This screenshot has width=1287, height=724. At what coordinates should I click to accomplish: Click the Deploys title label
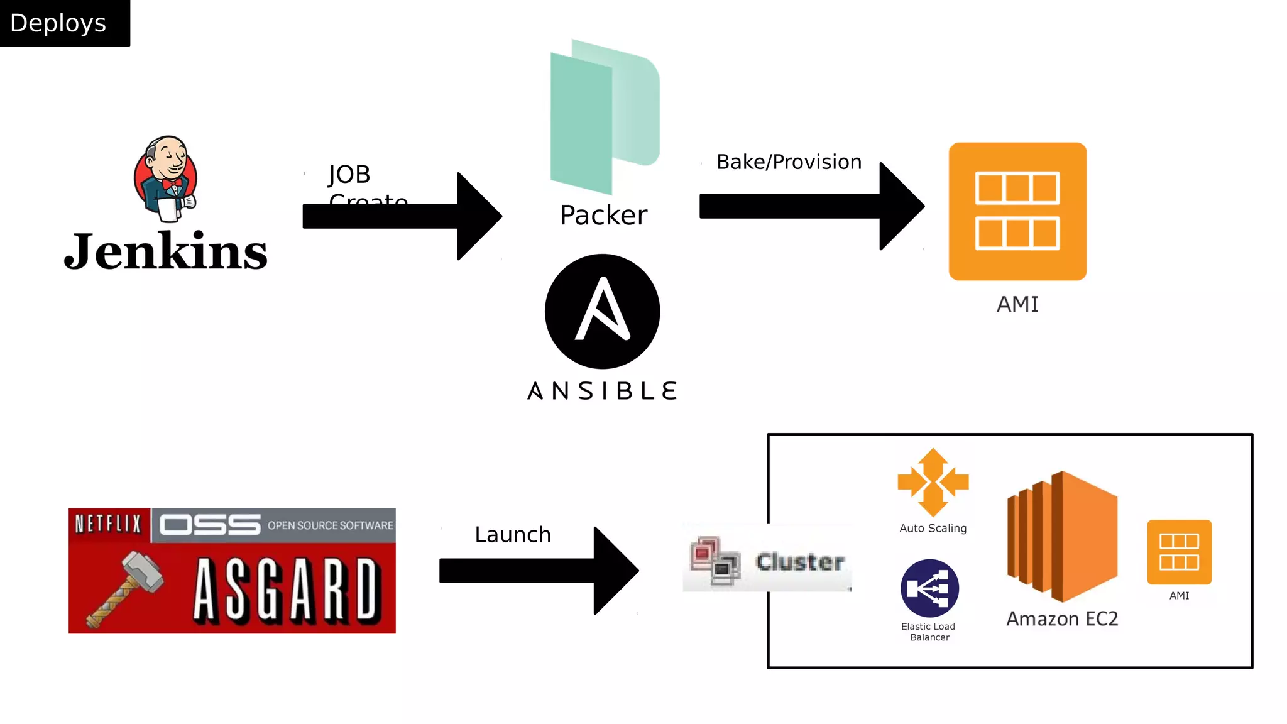(x=58, y=23)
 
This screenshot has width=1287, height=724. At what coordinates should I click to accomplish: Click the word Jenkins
(x=166, y=251)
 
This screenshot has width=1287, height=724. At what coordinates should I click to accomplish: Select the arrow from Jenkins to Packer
(x=402, y=216)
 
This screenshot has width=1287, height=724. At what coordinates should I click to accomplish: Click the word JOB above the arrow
(x=349, y=175)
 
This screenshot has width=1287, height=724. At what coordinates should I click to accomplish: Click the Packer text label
(x=603, y=215)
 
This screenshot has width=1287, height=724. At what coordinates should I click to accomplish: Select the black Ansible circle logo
(x=602, y=311)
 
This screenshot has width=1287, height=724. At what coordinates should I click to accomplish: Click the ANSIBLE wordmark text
(x=602, y=391)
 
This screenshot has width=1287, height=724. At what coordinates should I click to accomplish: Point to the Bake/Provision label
(x=789, y=162)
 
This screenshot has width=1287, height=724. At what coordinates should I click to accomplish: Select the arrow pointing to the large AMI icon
(x=811, y=206)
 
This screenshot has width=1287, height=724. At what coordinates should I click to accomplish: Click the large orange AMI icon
(x=1017, y=211)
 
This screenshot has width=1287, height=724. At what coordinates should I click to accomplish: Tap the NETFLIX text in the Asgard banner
(x=108, y=524)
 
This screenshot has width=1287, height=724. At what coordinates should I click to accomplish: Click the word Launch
(x=513, y=535)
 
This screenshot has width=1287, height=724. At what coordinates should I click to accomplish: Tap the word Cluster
(x=800, y=561)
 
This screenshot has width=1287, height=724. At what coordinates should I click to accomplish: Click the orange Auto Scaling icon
(x=933, y=483)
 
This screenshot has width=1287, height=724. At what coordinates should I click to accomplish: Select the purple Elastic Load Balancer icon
(x=929, y=588)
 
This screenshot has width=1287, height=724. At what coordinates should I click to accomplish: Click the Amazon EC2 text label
(x=1062, y=619)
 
